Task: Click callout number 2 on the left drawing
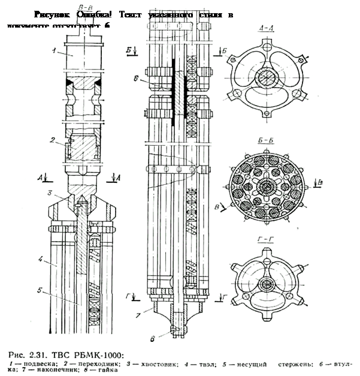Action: coord(52,140)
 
